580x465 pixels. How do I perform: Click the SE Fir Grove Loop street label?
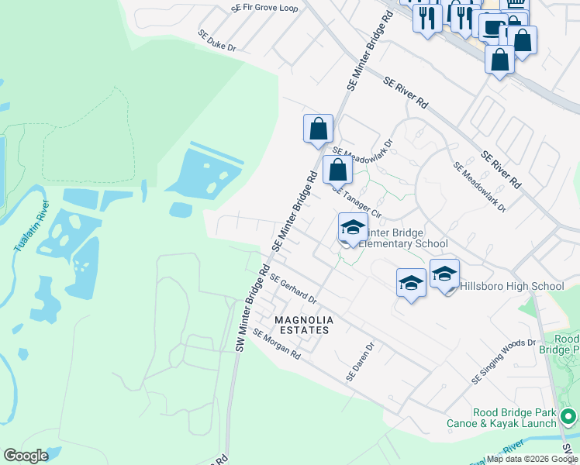tap(264, 8)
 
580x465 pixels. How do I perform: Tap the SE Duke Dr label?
tap(216, 41)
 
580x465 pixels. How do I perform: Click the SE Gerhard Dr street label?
tap(293, 291)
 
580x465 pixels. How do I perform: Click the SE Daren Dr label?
tap(361, 362)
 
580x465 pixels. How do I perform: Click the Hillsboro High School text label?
tap(513, 287)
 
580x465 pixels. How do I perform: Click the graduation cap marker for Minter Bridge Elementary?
tap(353, 229)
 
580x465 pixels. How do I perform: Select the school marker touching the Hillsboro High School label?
tap(444, 274)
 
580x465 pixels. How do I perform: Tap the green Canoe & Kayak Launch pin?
tap(568, 416)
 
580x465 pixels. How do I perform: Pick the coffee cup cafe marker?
tap(492, 27)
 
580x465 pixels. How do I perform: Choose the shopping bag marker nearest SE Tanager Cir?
tap(337, 170)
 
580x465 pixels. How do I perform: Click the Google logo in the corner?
tap(26, 456)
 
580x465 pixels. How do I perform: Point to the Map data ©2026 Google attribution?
tap(533, 459)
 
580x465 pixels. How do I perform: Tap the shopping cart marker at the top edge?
tap(516, 5)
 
